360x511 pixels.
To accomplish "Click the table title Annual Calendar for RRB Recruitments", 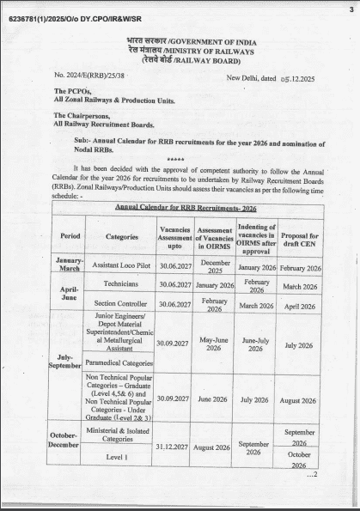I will coord(187,207).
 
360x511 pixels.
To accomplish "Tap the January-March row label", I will coord(70,265).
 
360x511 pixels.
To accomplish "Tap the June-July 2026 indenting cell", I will coord(255,344).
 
